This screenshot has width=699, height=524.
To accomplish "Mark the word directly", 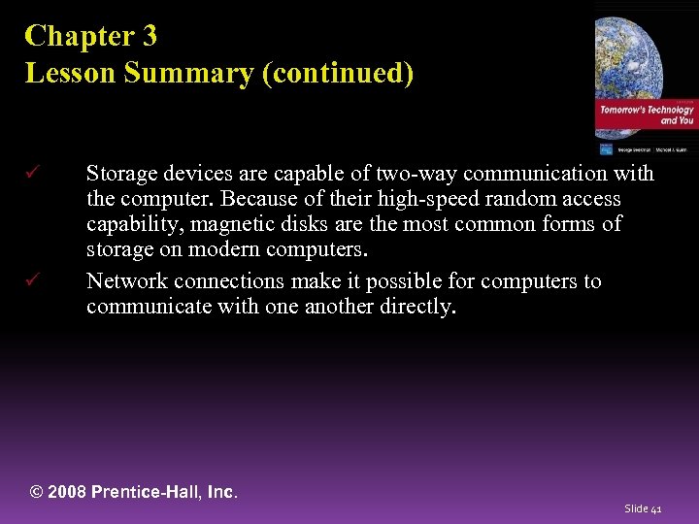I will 416,308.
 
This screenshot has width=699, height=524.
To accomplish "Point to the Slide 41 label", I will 643,508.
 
